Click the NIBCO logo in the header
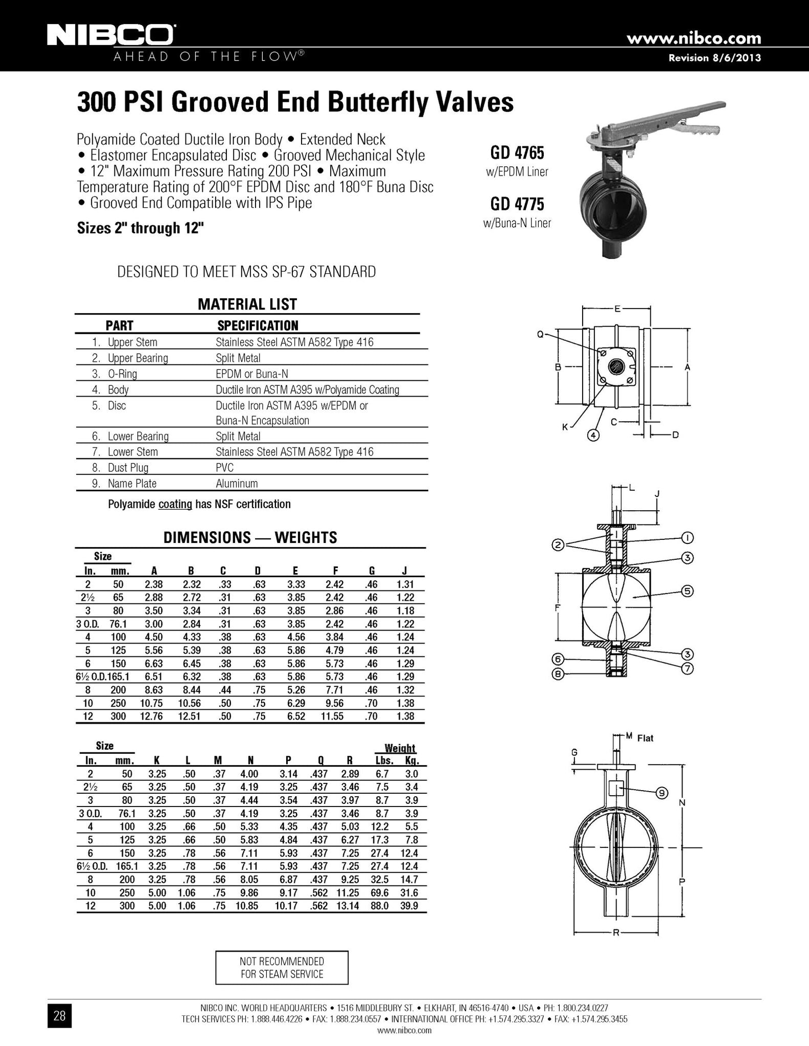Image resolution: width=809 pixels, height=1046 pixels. pos(110,35)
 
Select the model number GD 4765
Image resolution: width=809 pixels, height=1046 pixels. pos(517,152)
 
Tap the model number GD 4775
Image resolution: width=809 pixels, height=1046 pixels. pos(517,204)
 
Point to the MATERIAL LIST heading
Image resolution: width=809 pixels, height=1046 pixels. pos(247,304)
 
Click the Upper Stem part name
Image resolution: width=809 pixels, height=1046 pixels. pos(132,342)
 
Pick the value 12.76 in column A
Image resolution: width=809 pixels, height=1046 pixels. pos(152,716)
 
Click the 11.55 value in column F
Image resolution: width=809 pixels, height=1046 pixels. pos(332,716)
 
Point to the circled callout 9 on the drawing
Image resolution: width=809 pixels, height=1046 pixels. pos(662,793)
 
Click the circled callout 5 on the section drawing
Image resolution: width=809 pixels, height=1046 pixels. pos(687,591)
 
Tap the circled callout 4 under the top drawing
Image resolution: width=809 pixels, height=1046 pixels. pos(593,435)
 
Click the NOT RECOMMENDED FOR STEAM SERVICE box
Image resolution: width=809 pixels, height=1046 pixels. pos(282,968)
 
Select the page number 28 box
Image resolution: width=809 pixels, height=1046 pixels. pos(59,1016)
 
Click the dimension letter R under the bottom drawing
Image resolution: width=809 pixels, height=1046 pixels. pos(616,932)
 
